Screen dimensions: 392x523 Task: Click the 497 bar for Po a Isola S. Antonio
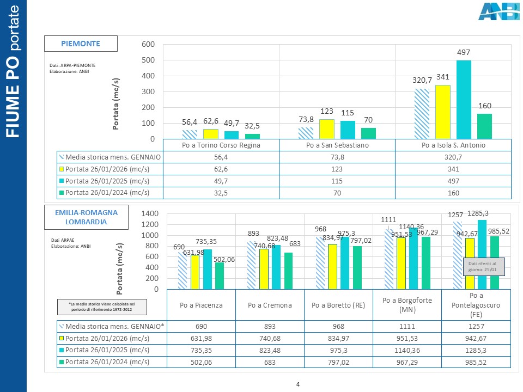coord(464,100)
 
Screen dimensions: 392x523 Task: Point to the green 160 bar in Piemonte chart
coord(484,126)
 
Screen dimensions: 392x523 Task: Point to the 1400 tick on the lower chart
coord(149,213)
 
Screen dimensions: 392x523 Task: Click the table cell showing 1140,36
coord(408,350)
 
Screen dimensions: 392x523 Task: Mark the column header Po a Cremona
coord(270,305)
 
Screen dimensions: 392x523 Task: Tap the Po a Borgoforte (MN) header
coord(408,305)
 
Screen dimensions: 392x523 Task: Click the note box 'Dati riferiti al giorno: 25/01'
coord(483,267)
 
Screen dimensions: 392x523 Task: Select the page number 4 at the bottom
coord(298,385)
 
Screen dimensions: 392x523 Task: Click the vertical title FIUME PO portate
coord(13,71)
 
